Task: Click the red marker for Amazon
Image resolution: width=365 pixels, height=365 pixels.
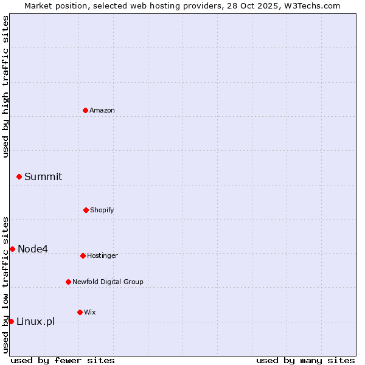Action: (85, 110)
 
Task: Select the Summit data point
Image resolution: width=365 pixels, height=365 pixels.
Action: (19, 176)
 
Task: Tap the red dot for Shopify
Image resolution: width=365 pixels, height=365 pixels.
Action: (86, 210)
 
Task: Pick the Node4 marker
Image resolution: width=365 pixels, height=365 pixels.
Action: (12, 249)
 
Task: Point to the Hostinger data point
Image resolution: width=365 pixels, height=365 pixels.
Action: (83, 255)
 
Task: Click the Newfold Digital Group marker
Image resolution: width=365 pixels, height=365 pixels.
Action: (68, 282)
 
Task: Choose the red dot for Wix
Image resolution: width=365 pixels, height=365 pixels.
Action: (80, 312)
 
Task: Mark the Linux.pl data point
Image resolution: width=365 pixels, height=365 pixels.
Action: (11, 321)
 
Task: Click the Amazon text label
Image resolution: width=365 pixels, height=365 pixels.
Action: (102, 110)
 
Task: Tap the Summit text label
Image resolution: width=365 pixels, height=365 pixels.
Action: (43, 176)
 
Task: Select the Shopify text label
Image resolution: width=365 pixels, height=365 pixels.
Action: (102, 210)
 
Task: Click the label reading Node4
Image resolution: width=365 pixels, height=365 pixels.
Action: (33, 249)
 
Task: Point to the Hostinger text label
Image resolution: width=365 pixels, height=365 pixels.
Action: (102, 255)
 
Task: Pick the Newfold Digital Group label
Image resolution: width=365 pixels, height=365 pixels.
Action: (108, 282)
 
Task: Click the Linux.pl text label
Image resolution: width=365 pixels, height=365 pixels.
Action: (35, 321)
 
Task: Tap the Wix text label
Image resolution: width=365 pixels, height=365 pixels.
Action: (90, 312)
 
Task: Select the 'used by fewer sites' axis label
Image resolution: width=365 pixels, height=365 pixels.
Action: (63, 360)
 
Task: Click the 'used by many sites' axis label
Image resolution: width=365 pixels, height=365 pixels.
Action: (305, 360)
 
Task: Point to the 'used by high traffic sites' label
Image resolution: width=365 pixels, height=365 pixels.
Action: (5, 86)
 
